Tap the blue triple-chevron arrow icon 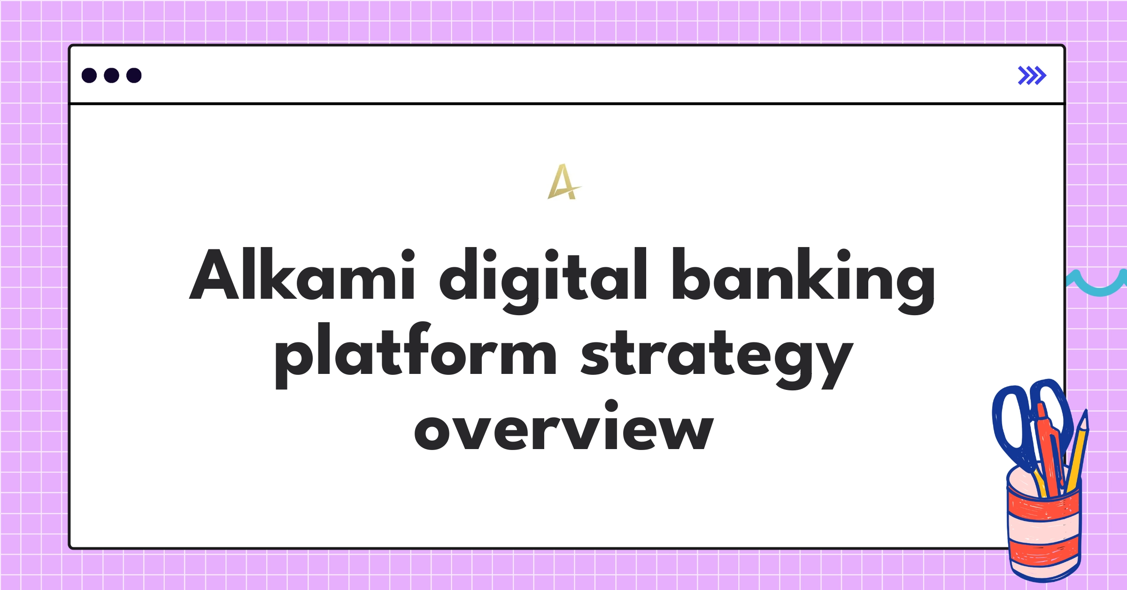coord(1032,76)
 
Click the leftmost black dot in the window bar coord(89,76)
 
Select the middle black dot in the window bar coord(111,76)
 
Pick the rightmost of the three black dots coord(134,76)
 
